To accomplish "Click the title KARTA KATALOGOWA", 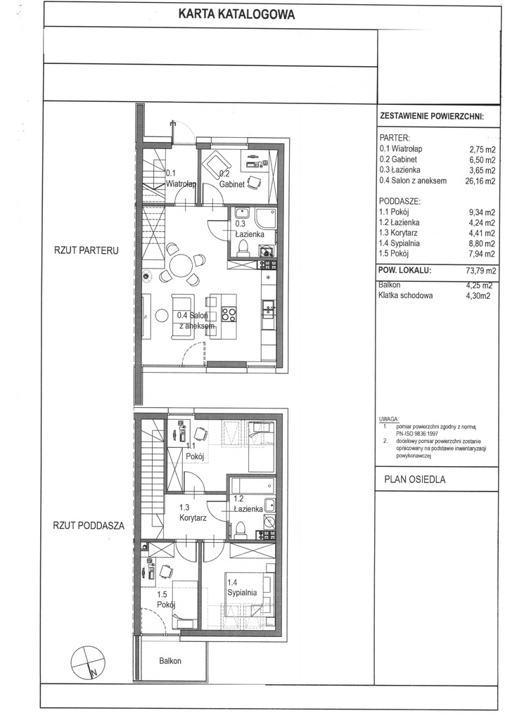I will [x=236, y=13].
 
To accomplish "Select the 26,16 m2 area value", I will [x=481, y=180].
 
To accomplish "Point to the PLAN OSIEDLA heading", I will [x=416, y=480].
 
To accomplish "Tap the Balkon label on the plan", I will [x=170, y=661].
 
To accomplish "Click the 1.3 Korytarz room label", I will [x=192, y=512].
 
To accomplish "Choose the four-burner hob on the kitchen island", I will [x=229, y=314].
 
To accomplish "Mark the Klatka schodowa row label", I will [x=407, y=296].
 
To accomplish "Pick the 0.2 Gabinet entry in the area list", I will [x=404, y=159].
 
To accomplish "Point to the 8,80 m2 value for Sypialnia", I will [x=482, y=243].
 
